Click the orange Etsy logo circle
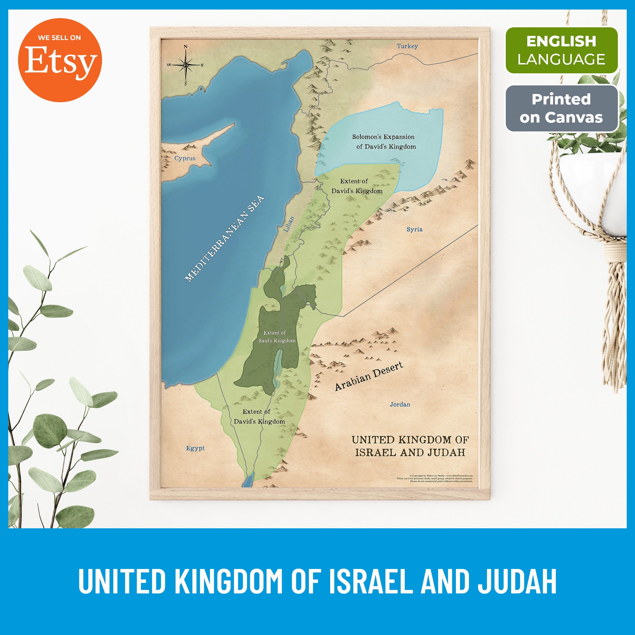60,60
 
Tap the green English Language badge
561,50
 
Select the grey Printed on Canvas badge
561,109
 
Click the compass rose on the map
185,65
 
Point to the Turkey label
407,46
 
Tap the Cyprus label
185,158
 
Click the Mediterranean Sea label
224,239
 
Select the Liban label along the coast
289,224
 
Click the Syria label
414,229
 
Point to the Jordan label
400,404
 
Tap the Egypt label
195,448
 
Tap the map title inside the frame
410,446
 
